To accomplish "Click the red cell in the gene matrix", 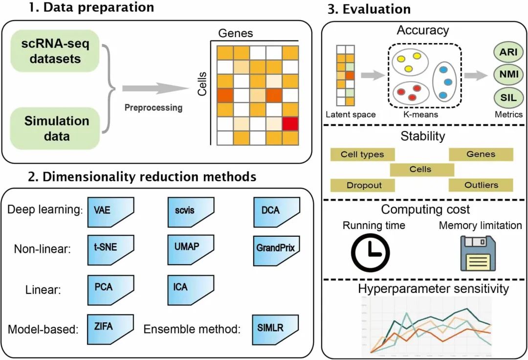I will [x=290, y=124].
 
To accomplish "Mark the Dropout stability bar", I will [x=363, y=185].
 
